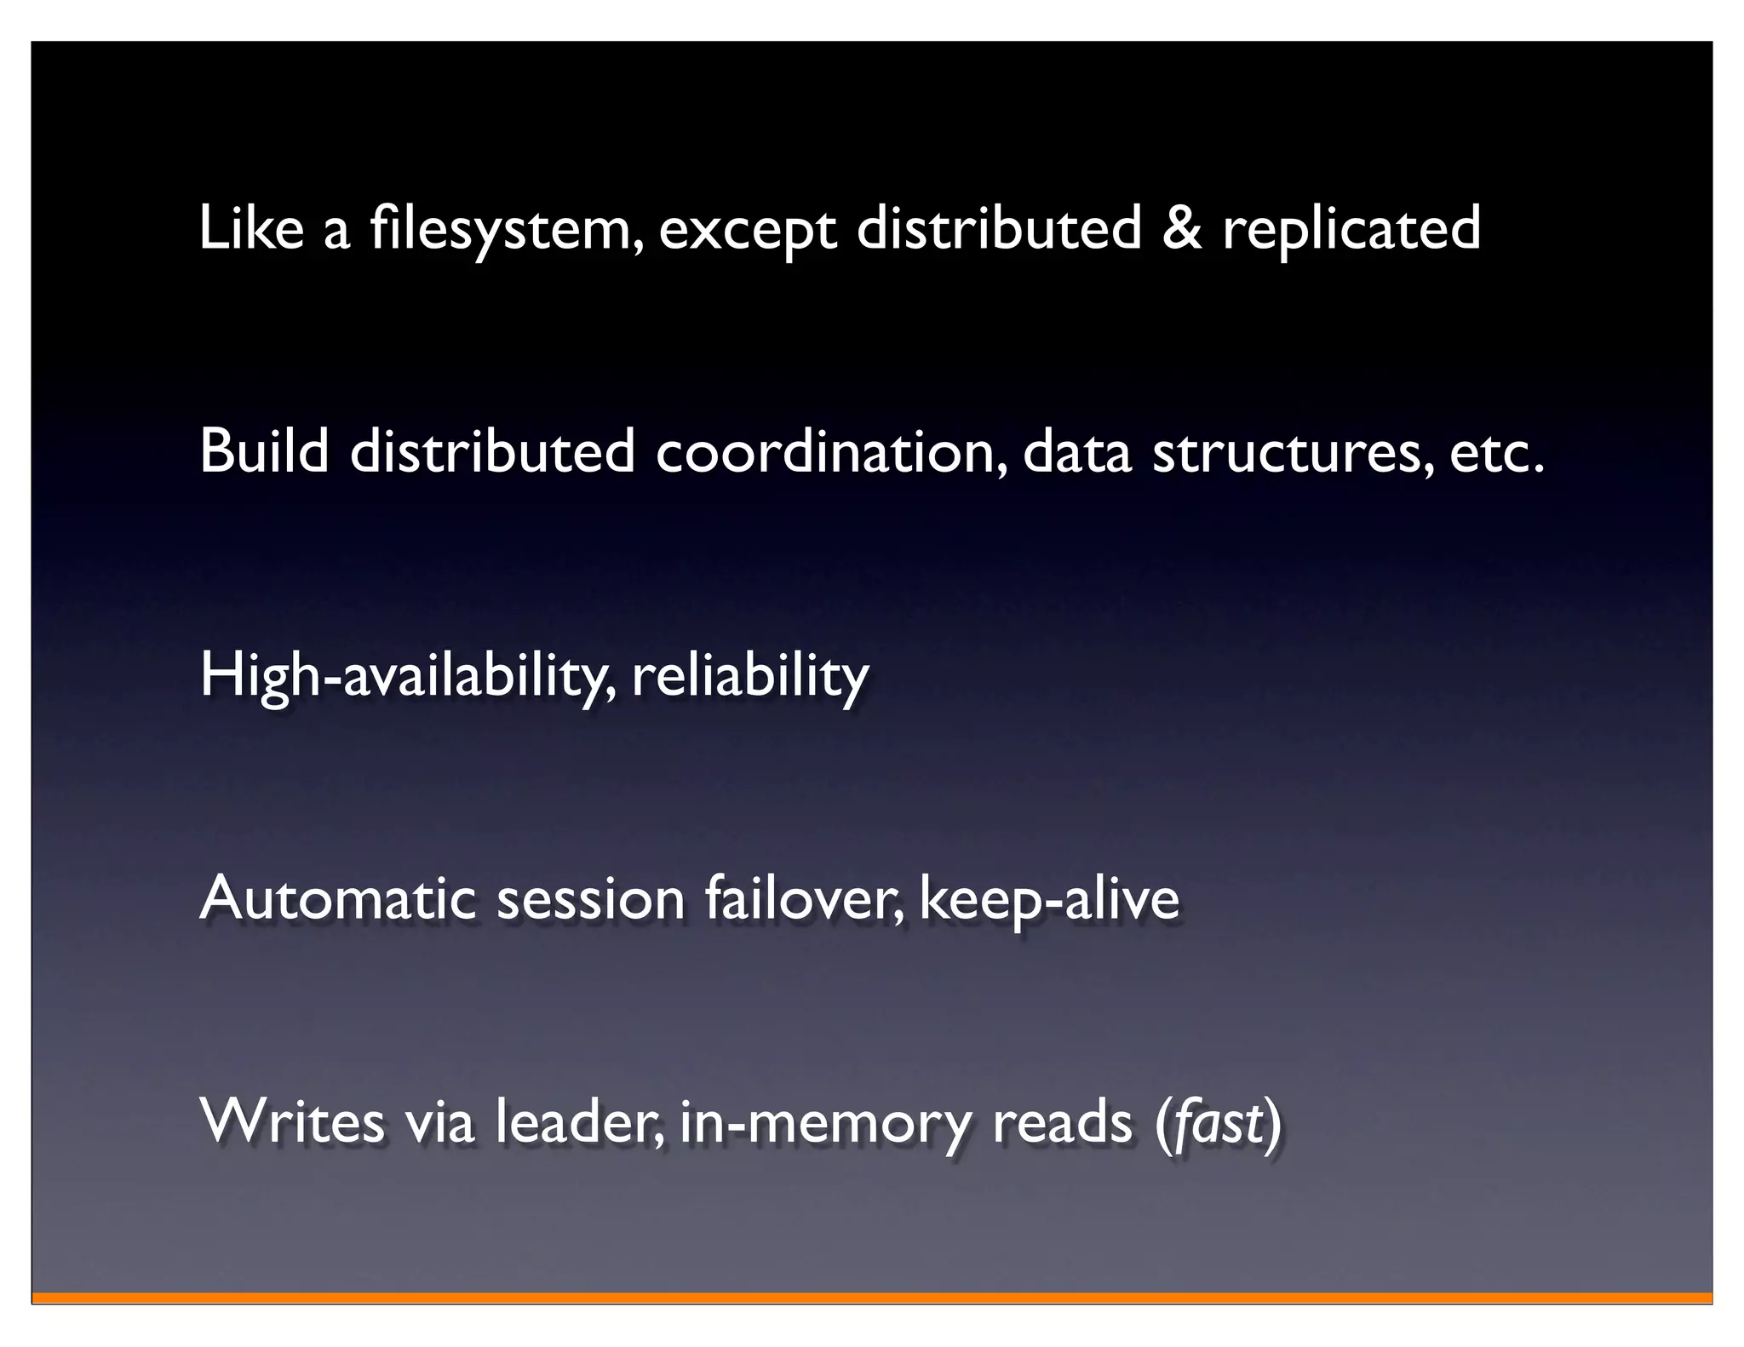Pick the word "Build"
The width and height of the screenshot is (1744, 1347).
263,450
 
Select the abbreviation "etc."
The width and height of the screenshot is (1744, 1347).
1495,450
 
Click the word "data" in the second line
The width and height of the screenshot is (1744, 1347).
1076,450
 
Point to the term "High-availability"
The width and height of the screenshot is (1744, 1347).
405,675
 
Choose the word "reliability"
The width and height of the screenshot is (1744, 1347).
749,675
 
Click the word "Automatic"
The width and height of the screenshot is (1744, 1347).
336,898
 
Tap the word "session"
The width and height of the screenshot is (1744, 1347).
590,898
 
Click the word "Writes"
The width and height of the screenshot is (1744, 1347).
292,1121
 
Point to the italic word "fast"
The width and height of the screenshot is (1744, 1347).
1218,1121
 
